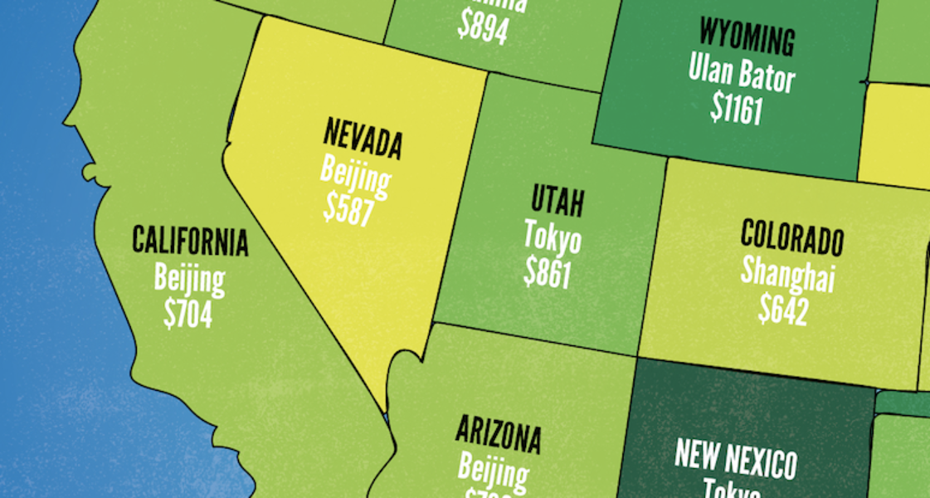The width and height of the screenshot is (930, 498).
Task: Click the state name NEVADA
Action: pos(363,139)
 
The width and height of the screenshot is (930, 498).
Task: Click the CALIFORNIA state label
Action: pos(190,241)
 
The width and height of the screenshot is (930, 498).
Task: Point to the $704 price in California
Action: pos(187,313)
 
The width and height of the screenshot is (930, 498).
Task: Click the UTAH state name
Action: pos(558,201)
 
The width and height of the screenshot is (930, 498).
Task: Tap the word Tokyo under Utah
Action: pos(553,238)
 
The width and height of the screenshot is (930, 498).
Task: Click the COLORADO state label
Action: pos(791,238)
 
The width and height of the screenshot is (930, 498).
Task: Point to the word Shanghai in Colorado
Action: pos(787,274)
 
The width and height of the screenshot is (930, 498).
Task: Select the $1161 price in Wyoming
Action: pos(736,109)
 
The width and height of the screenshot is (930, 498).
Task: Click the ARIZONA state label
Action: pos(498,434)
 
